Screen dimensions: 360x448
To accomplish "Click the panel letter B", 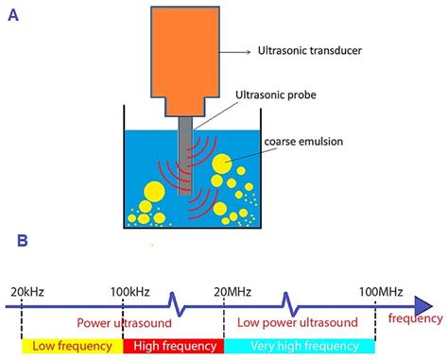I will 22,241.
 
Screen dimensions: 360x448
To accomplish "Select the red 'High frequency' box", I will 173,347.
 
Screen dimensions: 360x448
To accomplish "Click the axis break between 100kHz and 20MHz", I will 174,304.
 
